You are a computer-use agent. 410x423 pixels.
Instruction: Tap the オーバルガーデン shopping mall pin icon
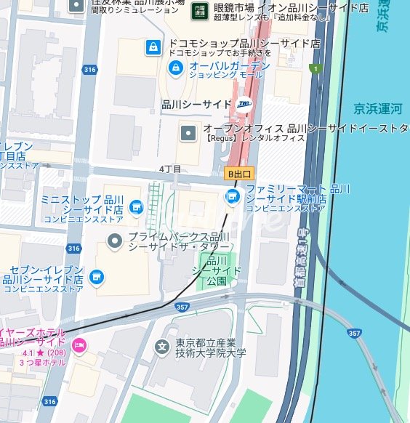point(175,69)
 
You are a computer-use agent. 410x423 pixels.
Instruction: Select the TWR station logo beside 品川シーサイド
point(243,104)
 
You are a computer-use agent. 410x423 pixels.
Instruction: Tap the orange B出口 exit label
point(238,174)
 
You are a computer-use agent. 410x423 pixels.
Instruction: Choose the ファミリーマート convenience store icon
point(233,196)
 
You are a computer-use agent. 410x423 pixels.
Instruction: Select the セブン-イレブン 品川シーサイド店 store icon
point(96,277)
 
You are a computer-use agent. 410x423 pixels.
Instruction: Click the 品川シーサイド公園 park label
point(216,270)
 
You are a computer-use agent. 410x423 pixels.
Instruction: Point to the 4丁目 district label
point(170,169)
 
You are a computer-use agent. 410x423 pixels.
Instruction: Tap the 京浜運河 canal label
point(377,108)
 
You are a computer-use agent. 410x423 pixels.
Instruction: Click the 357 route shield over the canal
point(354,333)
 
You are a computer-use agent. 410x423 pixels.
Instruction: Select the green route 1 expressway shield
point(314,69)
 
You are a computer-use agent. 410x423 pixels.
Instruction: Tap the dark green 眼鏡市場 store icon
point(198,10)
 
